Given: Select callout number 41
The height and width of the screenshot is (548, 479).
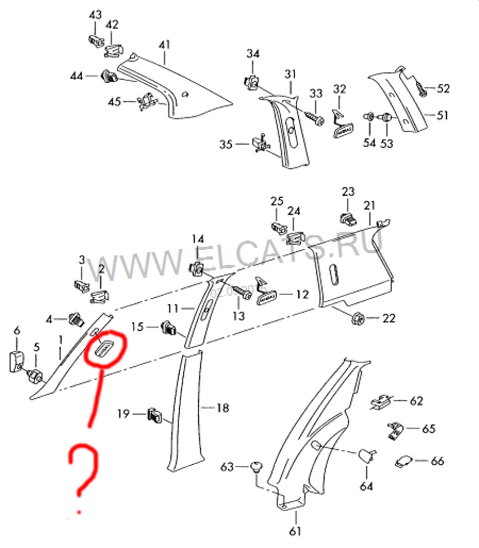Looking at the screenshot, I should pyautogui.click(x=164, y=45).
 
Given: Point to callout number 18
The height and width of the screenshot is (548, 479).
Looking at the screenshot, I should pyautogui.click(x=222, y=408).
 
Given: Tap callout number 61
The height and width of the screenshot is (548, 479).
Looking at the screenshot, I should pyautogui.click(x=295, y=531).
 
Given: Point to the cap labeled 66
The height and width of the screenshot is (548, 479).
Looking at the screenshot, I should pyautogui.click(x=404, y=461).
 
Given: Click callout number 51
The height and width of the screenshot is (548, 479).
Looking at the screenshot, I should pyautogui.click(x=442, y=115).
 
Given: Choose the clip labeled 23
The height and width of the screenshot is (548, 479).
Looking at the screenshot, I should pyautogui.click(x=348, y=219).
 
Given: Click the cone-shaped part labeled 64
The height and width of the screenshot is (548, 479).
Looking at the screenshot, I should pyautogui.click(x=367, y=454).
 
